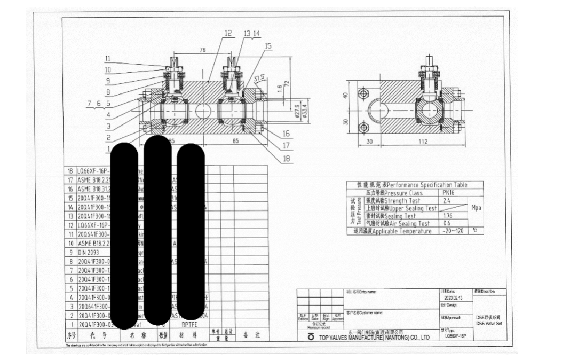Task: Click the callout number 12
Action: coord(228,33)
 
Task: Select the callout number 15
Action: coord(268,46)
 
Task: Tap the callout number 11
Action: coord(108,58)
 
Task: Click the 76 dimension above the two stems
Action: coord(202,50)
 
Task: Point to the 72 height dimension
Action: coord(287,84)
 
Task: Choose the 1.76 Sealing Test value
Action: coord(448,216)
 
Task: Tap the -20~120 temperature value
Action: coord(452,231)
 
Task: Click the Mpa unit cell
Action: coord(476,208)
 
